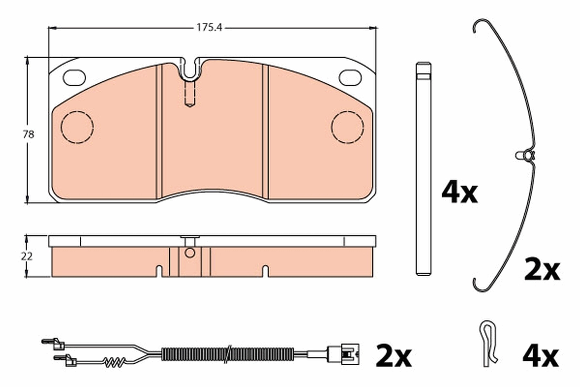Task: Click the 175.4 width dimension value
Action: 209,28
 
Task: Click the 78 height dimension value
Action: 28,134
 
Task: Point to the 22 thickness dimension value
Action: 27,256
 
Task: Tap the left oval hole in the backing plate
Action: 74,77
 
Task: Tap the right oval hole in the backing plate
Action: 350,77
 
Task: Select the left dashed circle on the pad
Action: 77,111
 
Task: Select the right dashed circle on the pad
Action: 348,111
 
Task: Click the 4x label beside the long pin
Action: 460,194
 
